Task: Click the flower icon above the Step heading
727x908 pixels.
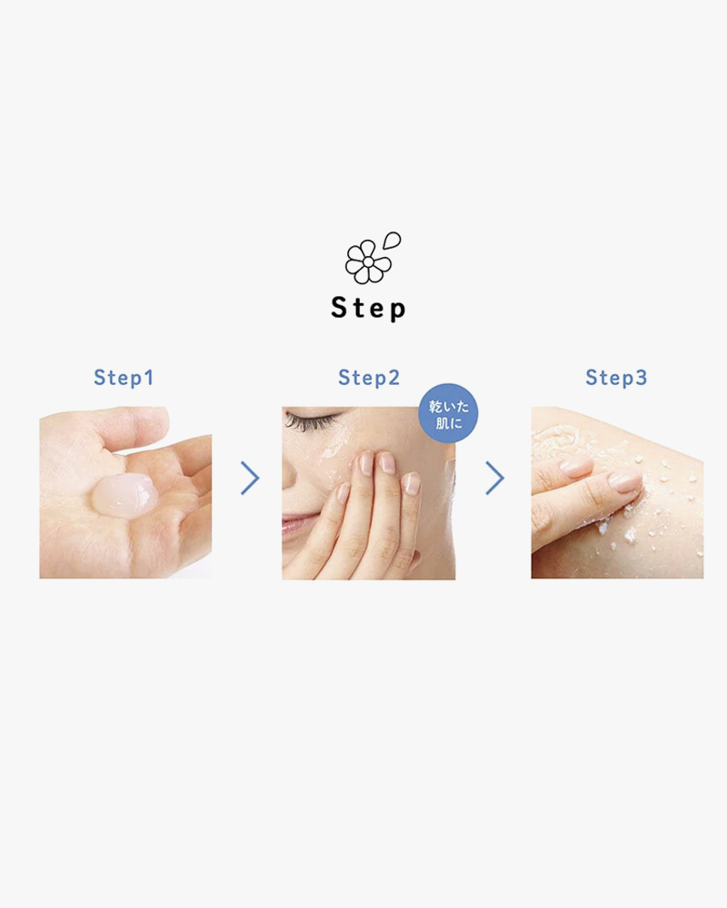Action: [x=367, y=262]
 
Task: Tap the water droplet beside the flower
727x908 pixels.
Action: [x=393, y=240]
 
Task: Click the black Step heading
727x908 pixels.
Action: [x=368, y=308]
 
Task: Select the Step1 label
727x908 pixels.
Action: [x=124, y=378]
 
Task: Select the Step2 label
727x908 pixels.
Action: [x=369, y=378]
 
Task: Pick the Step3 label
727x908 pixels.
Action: [x=616, y=378]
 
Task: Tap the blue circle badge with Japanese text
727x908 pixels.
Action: [x=448, y=413]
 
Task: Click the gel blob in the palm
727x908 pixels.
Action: [x=124, y=495]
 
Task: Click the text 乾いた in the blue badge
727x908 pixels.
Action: [x=449, y=406]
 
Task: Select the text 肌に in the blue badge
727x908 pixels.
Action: [x=449, y=423]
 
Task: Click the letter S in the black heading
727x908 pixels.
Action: [x=339, y=307]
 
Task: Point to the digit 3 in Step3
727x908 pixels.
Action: [x=642, y=378]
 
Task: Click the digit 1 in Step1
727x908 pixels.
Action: [x=149, y=378]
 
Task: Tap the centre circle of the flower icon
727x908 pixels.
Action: [x=367, y=262]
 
